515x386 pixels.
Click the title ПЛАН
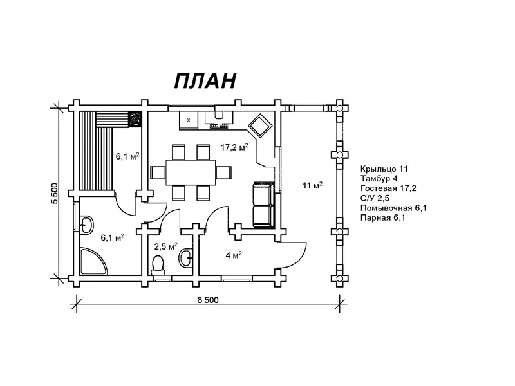pyautogui.click(x=205, y=81)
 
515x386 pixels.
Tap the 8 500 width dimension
pyautogui.click(x=207, y=300)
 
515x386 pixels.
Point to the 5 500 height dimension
pyautogui.click(x=54, y=193)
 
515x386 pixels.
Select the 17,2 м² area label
pyautogui.click(x=234, y=147)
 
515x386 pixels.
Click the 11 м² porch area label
pyautogui.click(x=313, y=185)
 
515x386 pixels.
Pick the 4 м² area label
pyautogui.click(x=234, y=255)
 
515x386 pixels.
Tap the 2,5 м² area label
pyautogui.click(x=166, y=246)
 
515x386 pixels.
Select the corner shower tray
pyautogui.click(x=93, y=261)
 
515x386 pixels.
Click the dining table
pyautogui.click(x=191, y=172)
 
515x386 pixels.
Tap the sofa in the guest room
pyautogui.click(x=263, y=205)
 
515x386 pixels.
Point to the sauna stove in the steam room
pyautogui.click(x=135, y=118)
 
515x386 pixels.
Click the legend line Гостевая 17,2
pyautogui.click(x=388, y=188)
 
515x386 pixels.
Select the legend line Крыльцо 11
pyautogui.click(x=384, y=169)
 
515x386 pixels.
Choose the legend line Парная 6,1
pyautogui.click(x=382, y=217)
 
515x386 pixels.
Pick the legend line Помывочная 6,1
pyautogui.click(x=393, y=208)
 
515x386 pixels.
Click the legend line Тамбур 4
pyautogui.click(x=379, y=179)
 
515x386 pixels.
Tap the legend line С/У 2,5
pyautogui.click(x=375, y=198)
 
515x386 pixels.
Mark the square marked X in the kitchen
pyautogui.click(x=189, y=120)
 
